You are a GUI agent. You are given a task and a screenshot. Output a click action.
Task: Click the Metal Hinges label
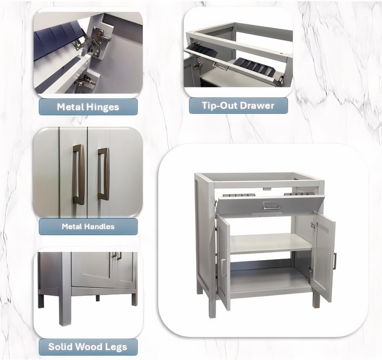[x=88, y=107]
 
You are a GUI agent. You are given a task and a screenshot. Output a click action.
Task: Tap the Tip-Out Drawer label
[x=238, y=106]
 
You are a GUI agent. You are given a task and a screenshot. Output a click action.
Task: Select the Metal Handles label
[x=88, y=226]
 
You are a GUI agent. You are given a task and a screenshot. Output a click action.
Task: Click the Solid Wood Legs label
[x=88, y=347]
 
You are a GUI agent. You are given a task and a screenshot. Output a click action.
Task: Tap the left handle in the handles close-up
[x=79, y=174]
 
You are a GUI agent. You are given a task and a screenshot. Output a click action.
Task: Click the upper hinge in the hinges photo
[x=95, y=39]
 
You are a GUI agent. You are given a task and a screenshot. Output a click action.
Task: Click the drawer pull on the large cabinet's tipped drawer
[x=271, y=205]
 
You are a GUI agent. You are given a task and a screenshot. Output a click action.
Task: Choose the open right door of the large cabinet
[x=323, y=256]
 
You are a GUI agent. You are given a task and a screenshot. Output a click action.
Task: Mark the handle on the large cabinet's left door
[x=224, y=268]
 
